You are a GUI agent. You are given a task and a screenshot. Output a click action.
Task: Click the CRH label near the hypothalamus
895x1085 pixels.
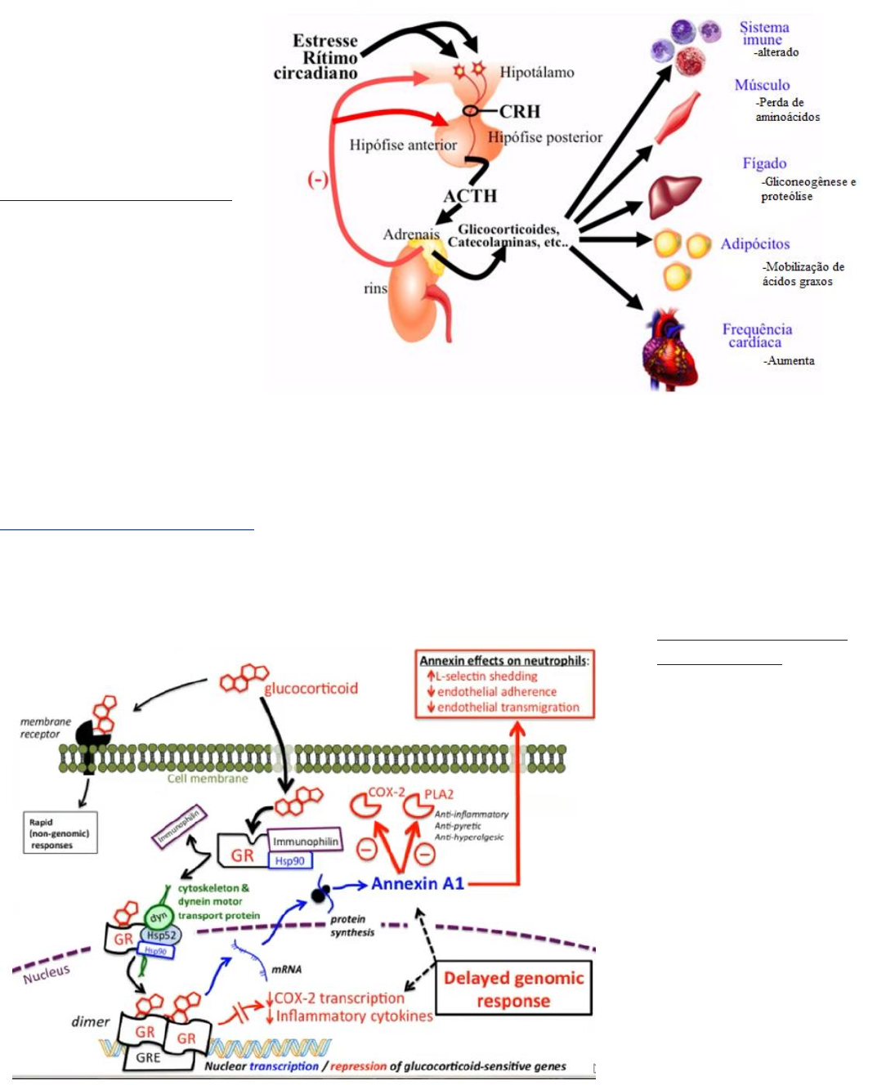[x=520, y=111]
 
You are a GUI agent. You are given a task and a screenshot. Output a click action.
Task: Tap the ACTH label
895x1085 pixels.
[x=470, y=196]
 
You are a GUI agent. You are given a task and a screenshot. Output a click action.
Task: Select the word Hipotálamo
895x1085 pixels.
[x=537, y=73]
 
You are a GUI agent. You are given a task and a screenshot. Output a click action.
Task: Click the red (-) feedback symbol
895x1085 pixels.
[x=318, y=180]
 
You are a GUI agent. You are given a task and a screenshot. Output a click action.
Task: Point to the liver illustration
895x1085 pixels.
[x=674, y=197]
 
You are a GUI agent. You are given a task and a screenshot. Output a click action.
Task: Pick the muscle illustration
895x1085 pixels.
[x=678, y=117]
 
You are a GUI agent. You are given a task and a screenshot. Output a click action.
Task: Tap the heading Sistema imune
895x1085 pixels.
[x=763, y=33]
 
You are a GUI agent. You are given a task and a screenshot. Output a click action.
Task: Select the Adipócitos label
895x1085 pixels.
[x=754, y=244]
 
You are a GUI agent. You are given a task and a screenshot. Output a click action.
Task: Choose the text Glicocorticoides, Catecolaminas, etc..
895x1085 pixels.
[x=508, y=236]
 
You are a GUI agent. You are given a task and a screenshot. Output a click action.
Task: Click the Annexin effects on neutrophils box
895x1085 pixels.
[x=504, y=685]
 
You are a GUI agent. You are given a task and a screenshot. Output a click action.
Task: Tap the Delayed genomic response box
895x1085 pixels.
[x=513, y=989]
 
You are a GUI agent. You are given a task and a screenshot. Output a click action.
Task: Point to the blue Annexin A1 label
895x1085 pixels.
[x=417, y=883]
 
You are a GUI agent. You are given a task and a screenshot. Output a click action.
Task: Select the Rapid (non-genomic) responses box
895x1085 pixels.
[x=60, y=833]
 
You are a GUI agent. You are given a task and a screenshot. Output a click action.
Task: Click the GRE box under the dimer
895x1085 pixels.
[x=148, y=1057]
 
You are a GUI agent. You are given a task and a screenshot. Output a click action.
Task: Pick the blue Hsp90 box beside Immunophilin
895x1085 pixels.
[x=290, y=861]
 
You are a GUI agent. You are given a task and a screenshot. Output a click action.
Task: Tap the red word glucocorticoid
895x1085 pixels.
[x=311, y=689]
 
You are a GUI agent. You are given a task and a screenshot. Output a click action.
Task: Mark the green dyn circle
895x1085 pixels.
[x=158, y=918]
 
